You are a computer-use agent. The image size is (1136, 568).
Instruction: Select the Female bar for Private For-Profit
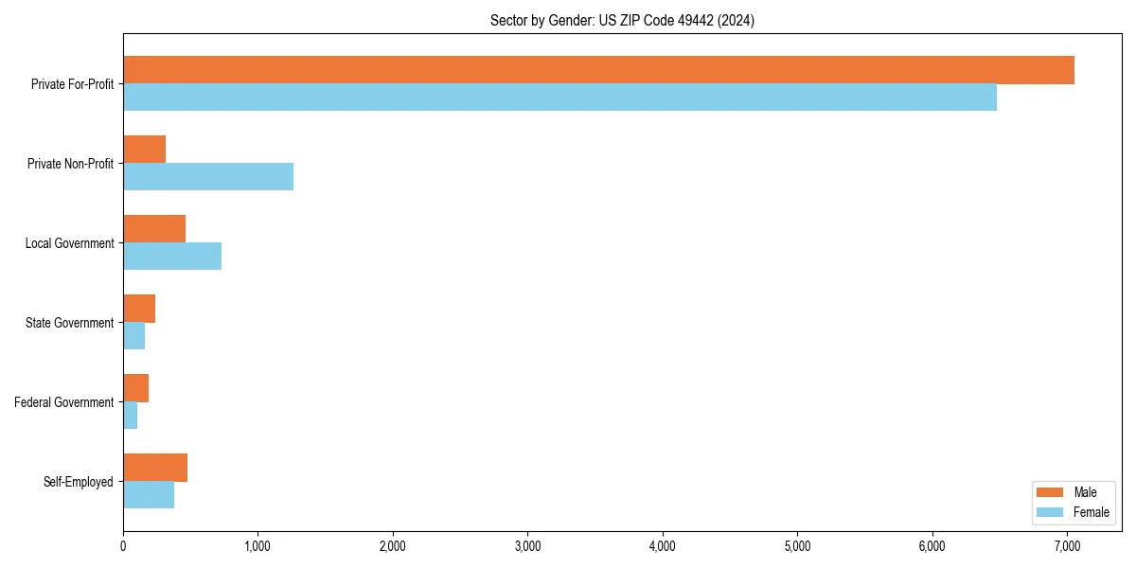point(559,97)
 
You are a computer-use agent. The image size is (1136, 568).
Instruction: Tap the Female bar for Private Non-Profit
point(208,176)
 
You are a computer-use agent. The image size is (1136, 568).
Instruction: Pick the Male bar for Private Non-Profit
point(145,150)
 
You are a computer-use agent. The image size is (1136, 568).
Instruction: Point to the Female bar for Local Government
point(172,256)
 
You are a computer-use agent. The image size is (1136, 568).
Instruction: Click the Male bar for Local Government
point(154,229)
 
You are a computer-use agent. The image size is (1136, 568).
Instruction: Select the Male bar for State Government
point(139,309)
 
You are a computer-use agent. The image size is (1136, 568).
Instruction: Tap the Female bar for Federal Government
point(131,415)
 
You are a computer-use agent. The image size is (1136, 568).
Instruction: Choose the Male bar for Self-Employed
point(155,468)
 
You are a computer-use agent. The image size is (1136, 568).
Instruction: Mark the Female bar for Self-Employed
point(149,494)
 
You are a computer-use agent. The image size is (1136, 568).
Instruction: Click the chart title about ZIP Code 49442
point(622,20)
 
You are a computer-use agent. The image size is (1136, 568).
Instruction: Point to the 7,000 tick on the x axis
point(1067,545)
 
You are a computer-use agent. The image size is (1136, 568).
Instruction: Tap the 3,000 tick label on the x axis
point(527,545)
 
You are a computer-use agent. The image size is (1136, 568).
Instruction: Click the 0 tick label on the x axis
point(123,545)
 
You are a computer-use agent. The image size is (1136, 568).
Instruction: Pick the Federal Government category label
point(64,402)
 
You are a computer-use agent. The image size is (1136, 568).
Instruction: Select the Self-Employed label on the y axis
point(79,482)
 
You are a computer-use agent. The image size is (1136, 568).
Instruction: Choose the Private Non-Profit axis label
point(70,164)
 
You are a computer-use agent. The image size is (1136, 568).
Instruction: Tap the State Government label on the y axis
point(70,323)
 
